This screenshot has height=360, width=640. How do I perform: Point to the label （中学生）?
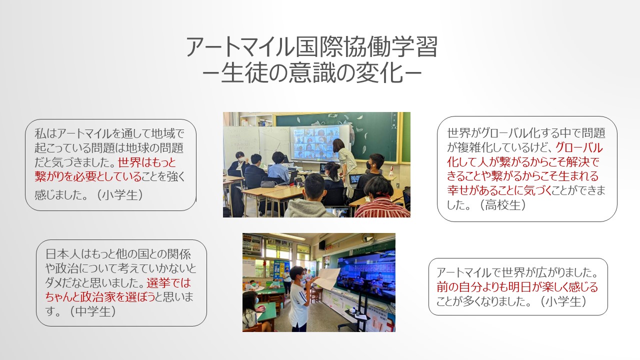[92, 311]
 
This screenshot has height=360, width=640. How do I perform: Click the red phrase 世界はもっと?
[147, 162]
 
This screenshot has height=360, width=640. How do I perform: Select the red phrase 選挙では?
[169, 283]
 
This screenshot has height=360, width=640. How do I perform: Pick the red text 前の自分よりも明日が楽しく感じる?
[517, 287]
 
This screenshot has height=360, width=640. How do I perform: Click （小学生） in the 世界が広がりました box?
[563, 301]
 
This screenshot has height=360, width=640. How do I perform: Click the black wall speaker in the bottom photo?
[322, 244]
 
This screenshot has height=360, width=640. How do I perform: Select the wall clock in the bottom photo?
[365, 237]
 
